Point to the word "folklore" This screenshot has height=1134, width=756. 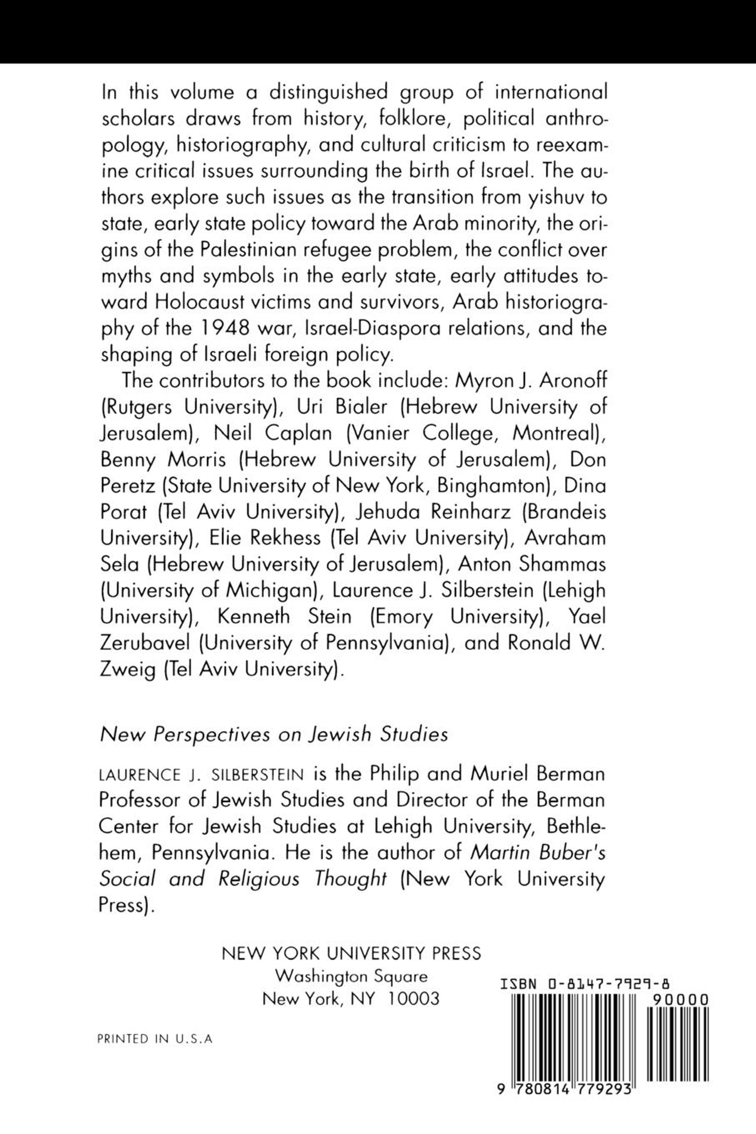(415, 118)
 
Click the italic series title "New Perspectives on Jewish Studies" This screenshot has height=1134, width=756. (273, 734)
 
